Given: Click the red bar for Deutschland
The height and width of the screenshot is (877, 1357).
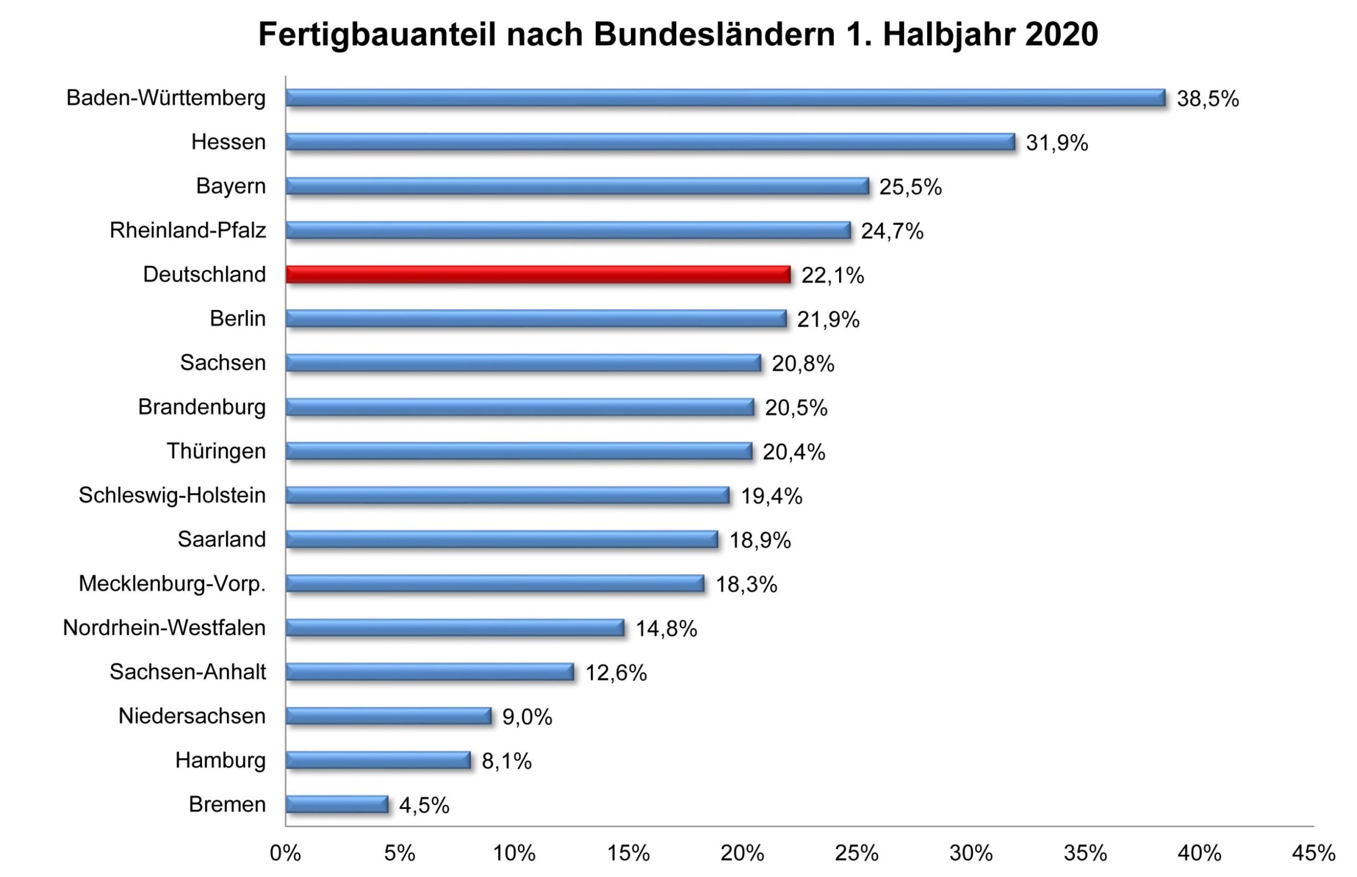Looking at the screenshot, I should (x=537, y=275).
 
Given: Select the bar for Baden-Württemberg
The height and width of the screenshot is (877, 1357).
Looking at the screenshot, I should (x=725, y=98).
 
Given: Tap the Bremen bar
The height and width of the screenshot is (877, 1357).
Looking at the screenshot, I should (x=337, y=804).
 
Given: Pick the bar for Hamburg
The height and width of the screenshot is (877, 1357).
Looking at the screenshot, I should (x=378, y=760).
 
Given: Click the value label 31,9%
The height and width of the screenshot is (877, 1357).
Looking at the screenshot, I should (x=1056, y=143).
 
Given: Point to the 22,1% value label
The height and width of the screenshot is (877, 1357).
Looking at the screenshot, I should (x=832, y=276).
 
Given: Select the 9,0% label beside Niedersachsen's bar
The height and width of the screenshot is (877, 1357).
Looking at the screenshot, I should (x=527, y=717).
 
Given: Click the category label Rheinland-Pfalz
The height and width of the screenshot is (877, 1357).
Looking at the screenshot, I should (x=188, y=231).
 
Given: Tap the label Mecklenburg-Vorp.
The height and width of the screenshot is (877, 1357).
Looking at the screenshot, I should (x=172, y=584).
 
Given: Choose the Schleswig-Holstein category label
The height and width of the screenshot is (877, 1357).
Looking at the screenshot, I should (x=172, y=495).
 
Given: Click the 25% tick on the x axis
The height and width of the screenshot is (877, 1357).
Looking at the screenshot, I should (x=857, y=853).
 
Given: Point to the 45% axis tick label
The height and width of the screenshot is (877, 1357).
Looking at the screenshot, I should (x=1313, y=853).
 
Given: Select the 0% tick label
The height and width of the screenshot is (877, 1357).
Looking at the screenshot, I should (x=286, y=853).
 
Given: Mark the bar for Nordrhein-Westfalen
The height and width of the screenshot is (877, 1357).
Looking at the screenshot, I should (x=454, y=627).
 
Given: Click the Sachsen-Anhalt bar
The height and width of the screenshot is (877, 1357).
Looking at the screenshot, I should (x=429, y=672).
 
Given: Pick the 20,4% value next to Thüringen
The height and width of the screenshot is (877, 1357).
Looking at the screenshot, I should (x=793, y=452).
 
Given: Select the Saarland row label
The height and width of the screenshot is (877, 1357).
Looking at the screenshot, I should (x=221, y=539).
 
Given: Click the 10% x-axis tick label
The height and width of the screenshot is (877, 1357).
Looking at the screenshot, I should (x=513, y=853).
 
